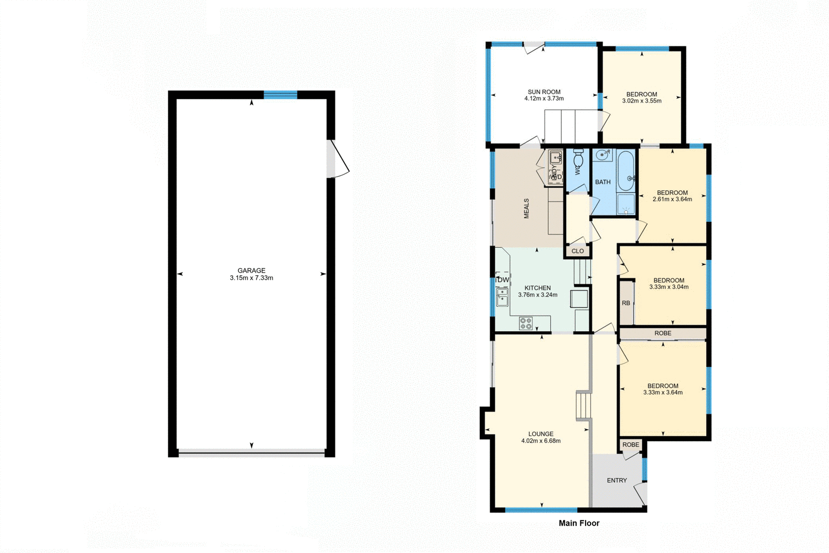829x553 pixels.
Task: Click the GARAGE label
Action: click(251, 271)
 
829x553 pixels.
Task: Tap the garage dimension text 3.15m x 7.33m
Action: click(251, 278)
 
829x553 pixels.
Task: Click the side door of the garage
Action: click(337, 159)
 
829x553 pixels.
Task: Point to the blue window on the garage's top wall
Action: click(280, 94)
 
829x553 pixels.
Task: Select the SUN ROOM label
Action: click(544, 92)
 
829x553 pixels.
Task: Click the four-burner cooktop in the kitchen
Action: click(526, 323)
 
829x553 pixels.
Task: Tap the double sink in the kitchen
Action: click(502, 297)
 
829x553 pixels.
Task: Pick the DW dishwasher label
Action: click(503, 280)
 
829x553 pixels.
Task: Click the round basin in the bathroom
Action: click(603, 154)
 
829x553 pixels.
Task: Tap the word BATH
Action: click(603, 182)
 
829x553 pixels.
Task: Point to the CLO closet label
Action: click(578, 251)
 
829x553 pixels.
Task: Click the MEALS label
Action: click(526, 208)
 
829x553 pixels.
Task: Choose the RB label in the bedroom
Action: click(626, 303)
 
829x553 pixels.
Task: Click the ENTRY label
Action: click(617, 480)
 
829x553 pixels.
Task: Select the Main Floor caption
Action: click(579, 523)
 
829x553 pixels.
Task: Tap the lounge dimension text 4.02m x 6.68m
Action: click(541, 441)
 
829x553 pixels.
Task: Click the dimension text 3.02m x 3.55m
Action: click(641, 101)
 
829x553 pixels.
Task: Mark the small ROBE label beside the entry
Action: click(631, 445)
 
